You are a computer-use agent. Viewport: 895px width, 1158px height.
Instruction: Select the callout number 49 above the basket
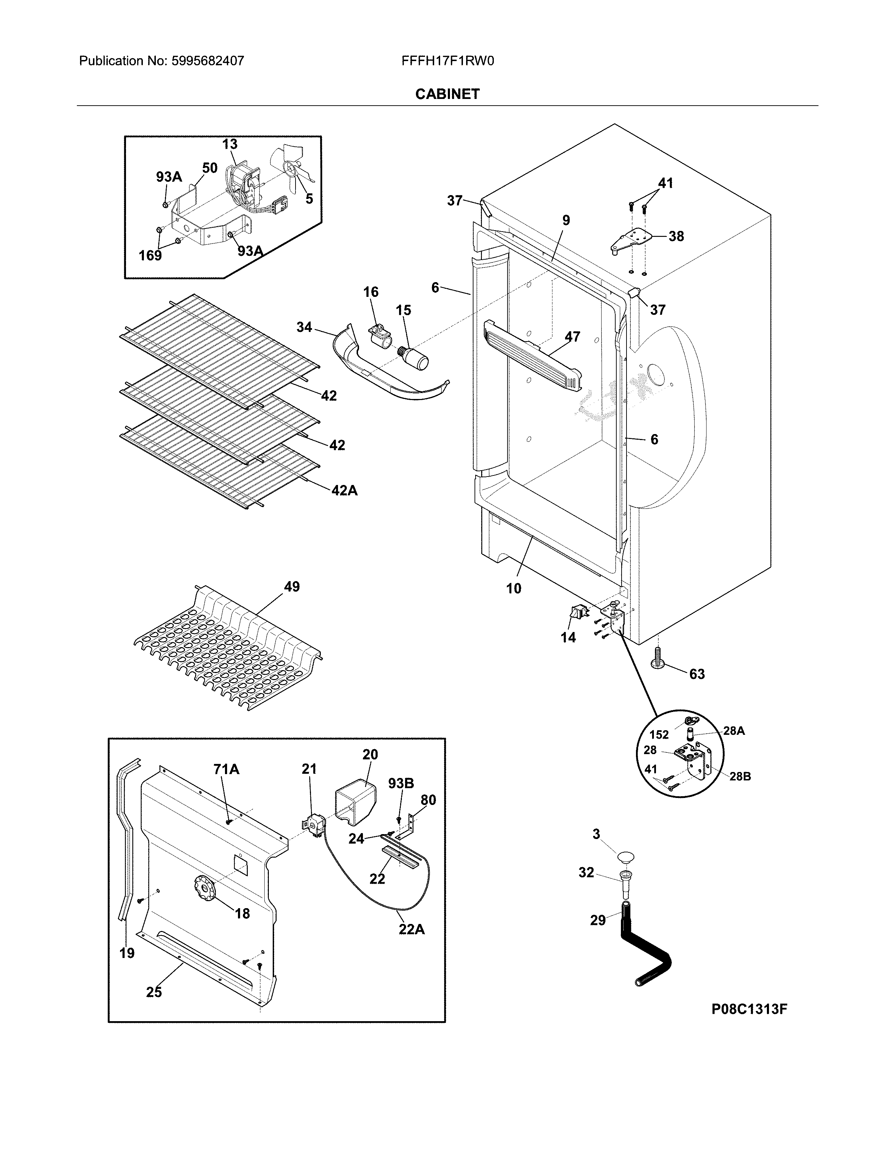point(292,587)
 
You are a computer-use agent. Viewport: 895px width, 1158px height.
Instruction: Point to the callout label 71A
point(226,769)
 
